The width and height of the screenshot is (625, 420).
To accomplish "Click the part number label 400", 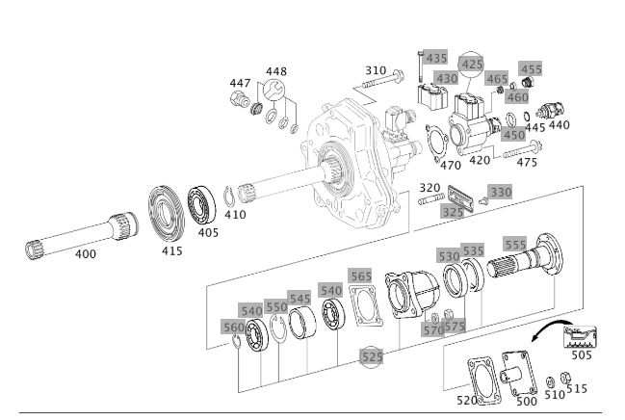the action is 86,253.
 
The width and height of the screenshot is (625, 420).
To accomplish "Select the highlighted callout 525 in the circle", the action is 372,357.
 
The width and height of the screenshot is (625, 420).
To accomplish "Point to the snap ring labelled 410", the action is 228,197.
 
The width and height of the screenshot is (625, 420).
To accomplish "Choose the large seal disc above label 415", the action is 167,214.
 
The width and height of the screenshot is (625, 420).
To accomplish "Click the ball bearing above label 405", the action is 201,205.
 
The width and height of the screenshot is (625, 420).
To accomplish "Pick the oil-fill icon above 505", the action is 580,337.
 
